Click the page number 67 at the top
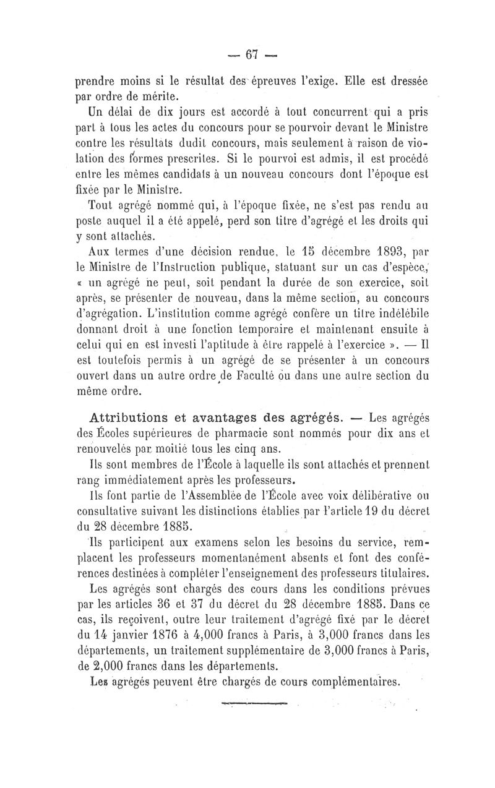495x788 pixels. click(251, 54)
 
